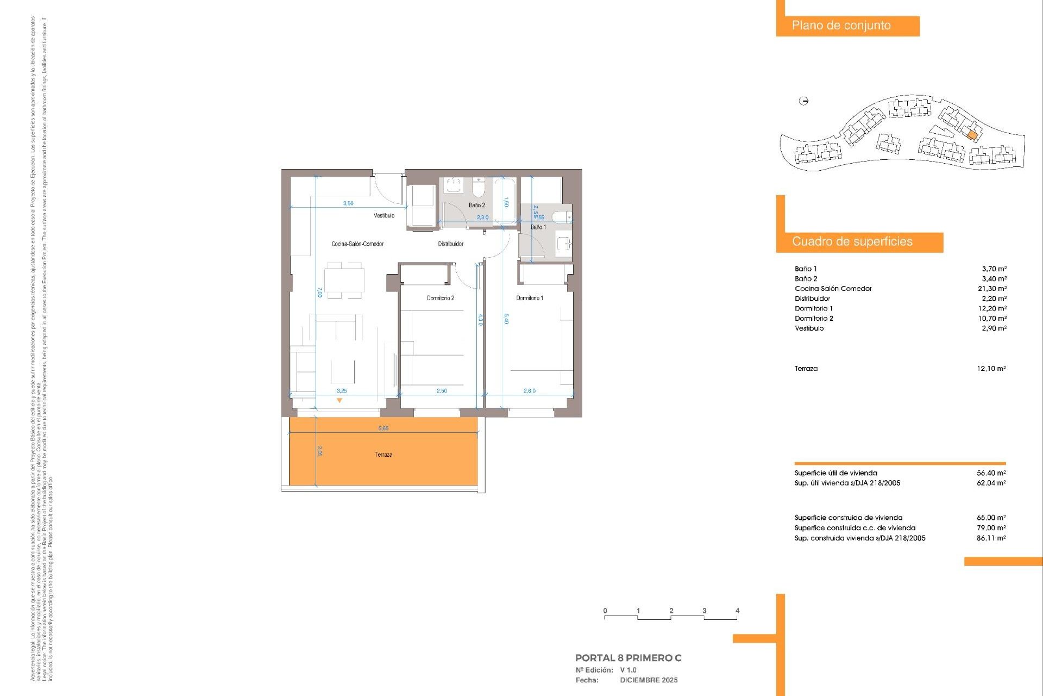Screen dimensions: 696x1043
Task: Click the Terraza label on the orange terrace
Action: tap(383, 455)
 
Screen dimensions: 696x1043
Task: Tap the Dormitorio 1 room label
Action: tap(529, 298)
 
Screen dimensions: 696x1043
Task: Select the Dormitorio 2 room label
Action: tap(440, 298)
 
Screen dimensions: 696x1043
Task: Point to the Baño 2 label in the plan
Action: tap(476, 205)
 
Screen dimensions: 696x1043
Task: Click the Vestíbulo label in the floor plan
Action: tap(384, 215)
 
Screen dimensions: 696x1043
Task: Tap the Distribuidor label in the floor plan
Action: tap(450, 244)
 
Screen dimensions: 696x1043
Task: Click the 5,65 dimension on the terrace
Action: tap(383, 428)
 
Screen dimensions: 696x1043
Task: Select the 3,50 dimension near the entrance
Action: tap(348, 203)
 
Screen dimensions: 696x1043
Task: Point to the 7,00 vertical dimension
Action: tap(320, 293)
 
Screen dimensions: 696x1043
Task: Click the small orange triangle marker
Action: tap(340, 401)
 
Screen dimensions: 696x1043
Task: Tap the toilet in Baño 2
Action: tap(478, 188)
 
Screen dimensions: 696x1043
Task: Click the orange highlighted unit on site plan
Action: tap(972, 135)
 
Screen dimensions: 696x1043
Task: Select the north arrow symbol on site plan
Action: tap(804, 101)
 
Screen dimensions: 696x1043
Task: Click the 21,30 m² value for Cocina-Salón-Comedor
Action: tap(992, 289)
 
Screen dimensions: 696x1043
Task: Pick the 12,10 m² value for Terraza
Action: tap(991, 368)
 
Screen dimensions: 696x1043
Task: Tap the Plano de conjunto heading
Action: tap(841, 26)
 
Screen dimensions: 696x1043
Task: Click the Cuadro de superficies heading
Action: tap(852, 241)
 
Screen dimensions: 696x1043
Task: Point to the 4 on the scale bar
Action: tap(737, 611)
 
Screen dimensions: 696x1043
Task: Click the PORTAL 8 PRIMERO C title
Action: tap(628, 658)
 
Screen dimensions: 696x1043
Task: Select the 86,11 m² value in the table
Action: tap(991, 538)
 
